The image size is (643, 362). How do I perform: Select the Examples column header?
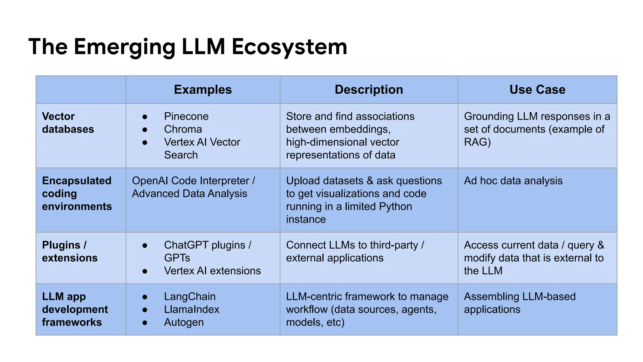203,90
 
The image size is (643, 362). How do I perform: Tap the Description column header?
369,90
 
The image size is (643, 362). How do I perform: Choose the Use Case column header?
537,90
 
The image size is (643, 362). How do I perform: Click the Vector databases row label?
68,123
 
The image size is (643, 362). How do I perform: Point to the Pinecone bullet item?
186,117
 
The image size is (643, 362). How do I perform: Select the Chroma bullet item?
183,129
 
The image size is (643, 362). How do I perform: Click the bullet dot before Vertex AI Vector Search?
145,142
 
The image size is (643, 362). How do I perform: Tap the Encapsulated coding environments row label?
77,194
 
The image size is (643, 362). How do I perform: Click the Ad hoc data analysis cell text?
513,181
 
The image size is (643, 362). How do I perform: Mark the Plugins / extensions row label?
70,251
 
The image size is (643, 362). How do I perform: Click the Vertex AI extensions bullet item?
212,271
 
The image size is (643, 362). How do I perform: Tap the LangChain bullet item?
190,297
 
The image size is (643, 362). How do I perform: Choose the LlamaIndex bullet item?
192,310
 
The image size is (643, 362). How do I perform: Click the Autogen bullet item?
184,322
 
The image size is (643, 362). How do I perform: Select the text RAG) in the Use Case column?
477,142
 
